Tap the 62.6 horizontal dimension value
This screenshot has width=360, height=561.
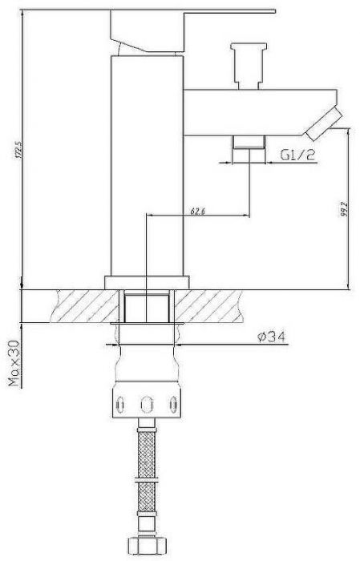click(x=197, y=211)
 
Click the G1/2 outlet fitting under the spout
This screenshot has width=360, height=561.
click(x=249, y=143)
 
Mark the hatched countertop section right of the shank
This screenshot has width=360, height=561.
click(x=216, y=305)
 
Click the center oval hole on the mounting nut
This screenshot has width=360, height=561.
click(x=147, y=402)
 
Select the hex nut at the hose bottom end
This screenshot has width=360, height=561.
click(x=147, y=548)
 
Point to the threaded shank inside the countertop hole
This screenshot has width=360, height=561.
click(x=147, y=308)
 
